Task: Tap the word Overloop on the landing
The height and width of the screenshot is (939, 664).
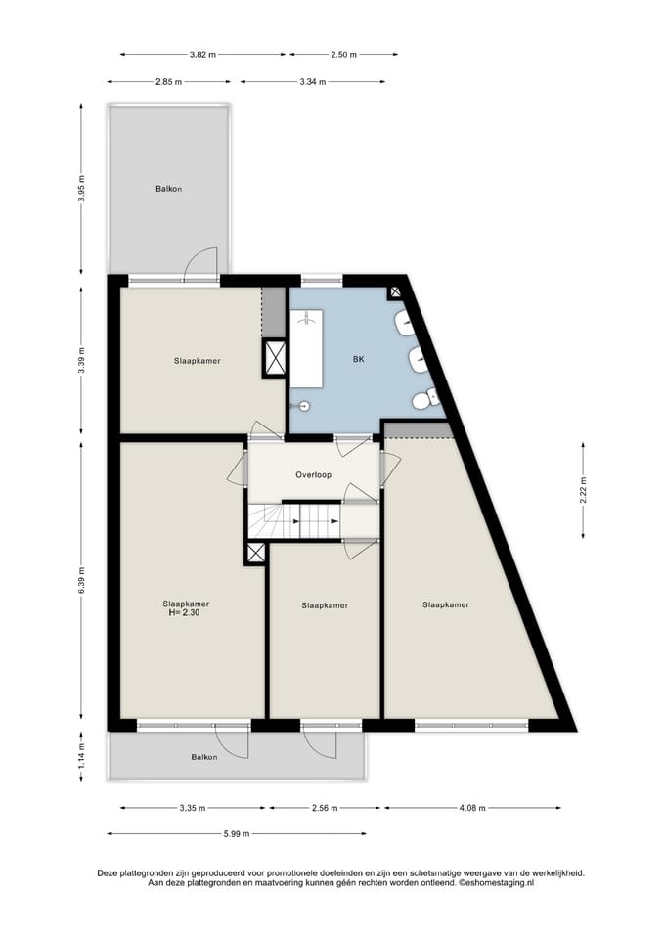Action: [x=313, y=475]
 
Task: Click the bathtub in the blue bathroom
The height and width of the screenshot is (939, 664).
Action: [x=309, y=348]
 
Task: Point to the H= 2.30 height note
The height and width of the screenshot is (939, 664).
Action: [x=186, y=613]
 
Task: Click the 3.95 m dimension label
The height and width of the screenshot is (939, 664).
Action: [x=82, y=189]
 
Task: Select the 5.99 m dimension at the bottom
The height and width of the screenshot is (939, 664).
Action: [x=237, y=833]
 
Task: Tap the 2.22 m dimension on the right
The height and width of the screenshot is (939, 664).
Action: [x=583, y=489]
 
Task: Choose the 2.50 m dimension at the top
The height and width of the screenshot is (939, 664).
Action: [x=343, y=55]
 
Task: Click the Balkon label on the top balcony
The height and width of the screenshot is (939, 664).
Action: [x=168, y=189]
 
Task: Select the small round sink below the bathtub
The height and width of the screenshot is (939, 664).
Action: [x=303, y=405]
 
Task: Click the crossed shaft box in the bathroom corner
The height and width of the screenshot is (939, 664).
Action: [x=395, y=291]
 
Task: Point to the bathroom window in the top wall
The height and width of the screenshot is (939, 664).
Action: [x=315, y=280]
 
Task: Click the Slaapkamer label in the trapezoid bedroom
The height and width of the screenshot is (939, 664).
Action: [x=445, y=604]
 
